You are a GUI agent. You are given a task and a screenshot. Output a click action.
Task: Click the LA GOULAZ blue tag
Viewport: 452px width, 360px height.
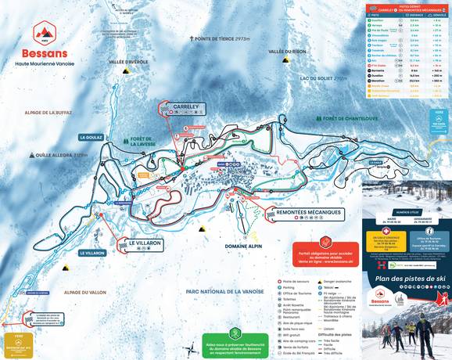pyautogui.click(x=91, y=137)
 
